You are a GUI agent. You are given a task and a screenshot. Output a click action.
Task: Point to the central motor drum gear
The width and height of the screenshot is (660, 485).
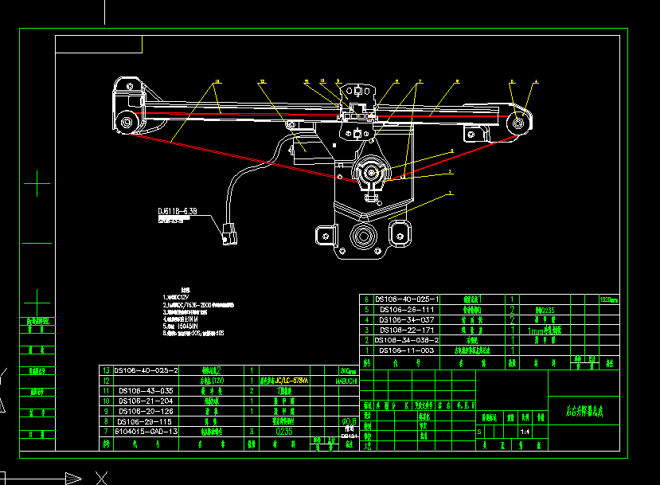pyautogui.click(x=370, y=171)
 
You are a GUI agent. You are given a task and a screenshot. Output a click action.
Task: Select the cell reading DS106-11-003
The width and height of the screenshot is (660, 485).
pyautogui.click(x=406, y=350)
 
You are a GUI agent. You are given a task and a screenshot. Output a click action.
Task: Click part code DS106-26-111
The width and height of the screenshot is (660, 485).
pyautogui.click(x=406, y=309)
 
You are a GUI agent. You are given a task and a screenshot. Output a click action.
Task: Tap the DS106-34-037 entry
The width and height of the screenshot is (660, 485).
pyautogui.click(x=406, y=319)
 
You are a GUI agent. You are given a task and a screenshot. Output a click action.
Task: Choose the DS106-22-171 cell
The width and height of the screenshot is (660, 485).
pyautogui.click(x=406, y=330)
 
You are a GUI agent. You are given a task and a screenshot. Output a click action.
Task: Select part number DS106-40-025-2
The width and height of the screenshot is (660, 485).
pyautogui.click(x=147, y=370)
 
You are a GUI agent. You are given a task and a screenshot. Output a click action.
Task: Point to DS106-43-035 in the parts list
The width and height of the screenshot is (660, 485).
pyautogui.click(x=146, y=391)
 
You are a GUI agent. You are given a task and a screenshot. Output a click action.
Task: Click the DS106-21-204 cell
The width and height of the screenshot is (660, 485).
pyautogui.click(x=146, y=401)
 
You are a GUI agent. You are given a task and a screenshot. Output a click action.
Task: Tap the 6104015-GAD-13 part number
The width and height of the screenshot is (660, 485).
pyautogui.click(x=146, y=431)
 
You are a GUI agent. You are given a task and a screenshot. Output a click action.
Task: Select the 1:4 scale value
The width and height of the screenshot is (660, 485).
pyautogui.click(x=525, y=432)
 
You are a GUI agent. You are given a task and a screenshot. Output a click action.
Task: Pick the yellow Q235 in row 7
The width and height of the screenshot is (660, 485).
pyautogui.click(x=284, y=431)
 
